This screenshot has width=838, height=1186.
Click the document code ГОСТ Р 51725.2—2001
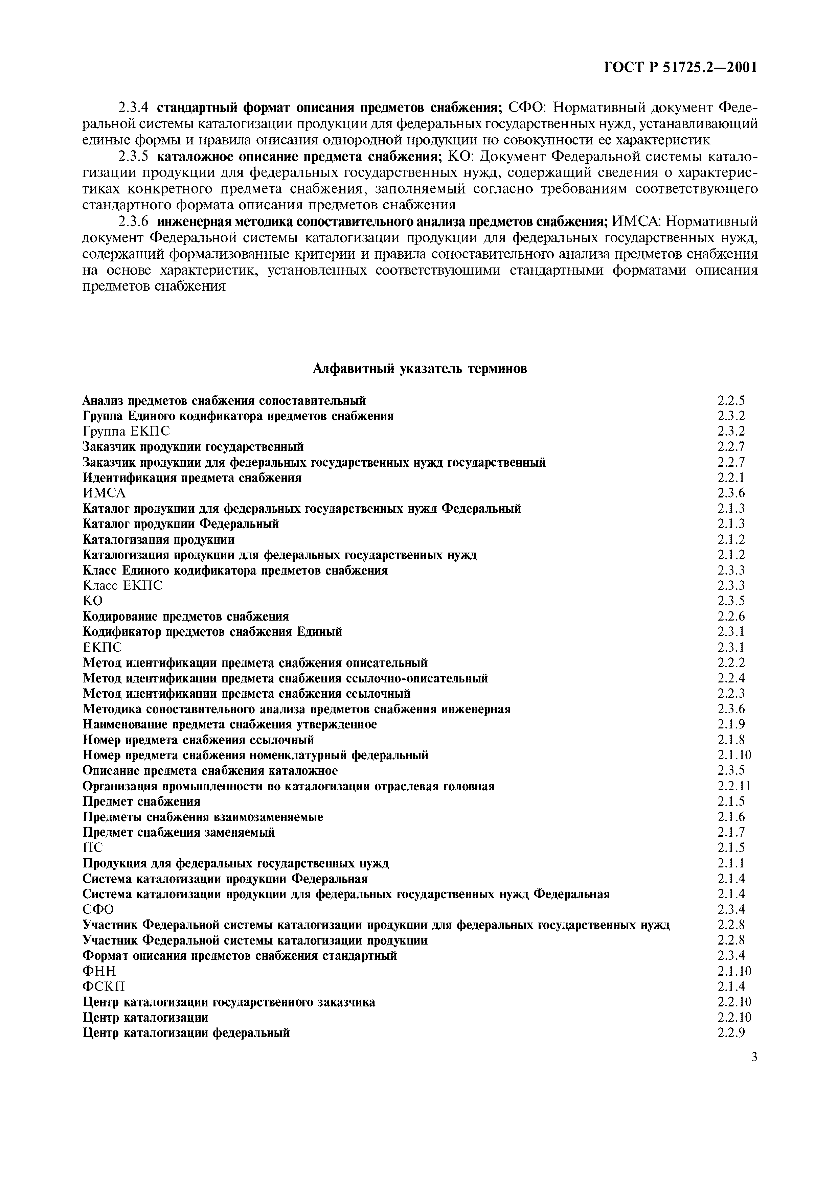pyautogui.click(x=680, y=68)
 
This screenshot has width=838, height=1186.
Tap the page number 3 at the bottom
pyautogui.click(x=754, y=1057)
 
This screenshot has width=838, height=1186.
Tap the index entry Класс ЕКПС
pyautogui.click(x=122, y=586)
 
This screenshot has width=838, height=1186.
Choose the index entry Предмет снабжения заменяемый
pyautogui.click(x=179, y=832)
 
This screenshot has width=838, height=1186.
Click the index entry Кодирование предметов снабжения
pyautogui.click(x=185, y=616)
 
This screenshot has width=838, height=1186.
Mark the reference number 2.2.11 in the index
pyautogui.click(x=734, y=786)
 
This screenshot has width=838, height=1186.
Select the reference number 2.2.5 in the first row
pyautogui.click(x=731, y=400)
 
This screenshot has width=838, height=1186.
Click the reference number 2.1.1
pyautogui.click(x=731, y=863)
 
